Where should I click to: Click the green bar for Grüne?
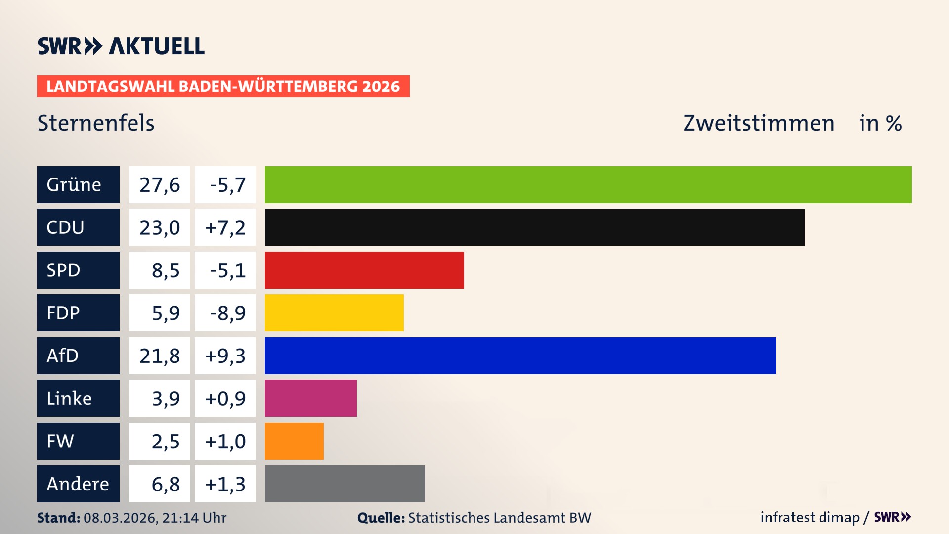pos(588,184)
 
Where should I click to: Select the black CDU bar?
pos(534,227)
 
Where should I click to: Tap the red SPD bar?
pos(364,270)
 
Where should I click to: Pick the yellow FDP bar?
pos(334,313)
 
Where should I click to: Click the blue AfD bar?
pos(520,356)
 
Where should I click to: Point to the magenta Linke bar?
pos(310,399)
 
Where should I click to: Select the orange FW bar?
pos(294,441)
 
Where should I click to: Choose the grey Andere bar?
pos(345,484)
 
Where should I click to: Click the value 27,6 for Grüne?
pos(159,185)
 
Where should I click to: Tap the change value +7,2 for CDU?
pos(225,227)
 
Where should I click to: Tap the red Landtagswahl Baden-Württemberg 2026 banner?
pos(223,86)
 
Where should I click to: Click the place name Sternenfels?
pos(96,123)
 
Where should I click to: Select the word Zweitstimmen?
pos(759,123)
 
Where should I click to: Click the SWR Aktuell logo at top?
pos(121,46)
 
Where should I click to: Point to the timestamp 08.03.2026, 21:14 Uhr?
pos(155,518)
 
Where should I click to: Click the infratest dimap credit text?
pos(810,517)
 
